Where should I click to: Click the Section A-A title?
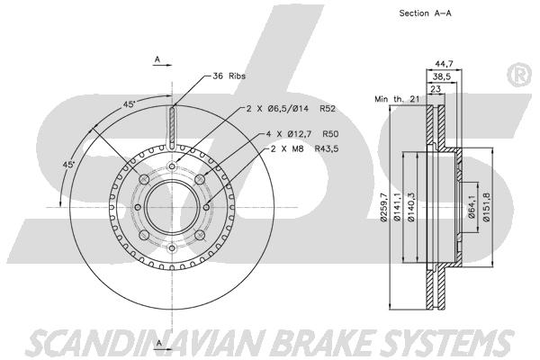pos(425,13)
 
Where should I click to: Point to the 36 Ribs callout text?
pos(229,76)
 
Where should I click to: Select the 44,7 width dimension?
pos(444,64)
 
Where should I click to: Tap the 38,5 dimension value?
pos(442,76)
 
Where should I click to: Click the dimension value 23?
pos(436,89)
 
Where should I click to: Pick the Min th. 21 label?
pos(397,99)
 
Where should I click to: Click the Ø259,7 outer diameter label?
pos(384,207)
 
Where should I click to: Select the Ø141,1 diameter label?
pos(397,207)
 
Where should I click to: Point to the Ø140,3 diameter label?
pos(410,207)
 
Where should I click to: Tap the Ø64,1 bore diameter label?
pos(472,207)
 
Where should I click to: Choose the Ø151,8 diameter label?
pos(486,207)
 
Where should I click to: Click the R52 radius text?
pos(328,109)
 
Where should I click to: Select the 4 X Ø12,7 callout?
pos(288,134)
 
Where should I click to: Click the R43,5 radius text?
pos(327,148)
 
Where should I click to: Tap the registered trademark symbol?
pos(519,75)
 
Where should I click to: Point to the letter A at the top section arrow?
pos(157,59)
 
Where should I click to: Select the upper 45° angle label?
pos(130,103)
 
